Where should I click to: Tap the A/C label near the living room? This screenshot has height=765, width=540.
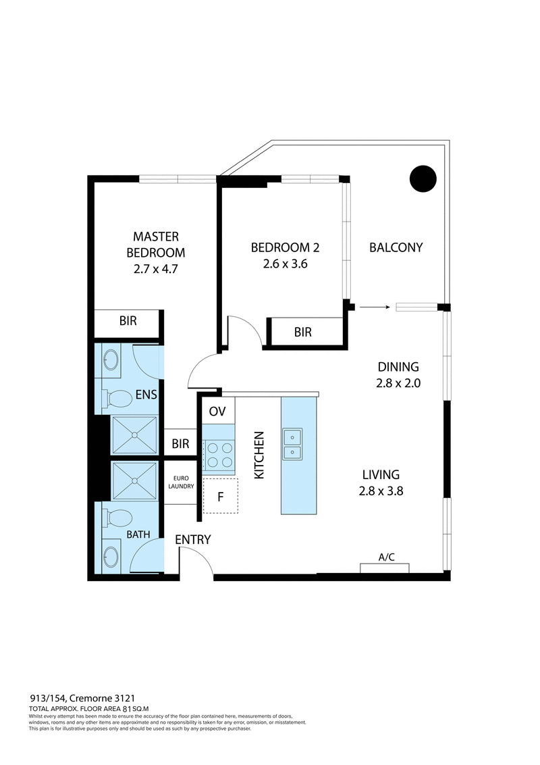point(386,558)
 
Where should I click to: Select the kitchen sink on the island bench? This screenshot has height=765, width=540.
point(292,444)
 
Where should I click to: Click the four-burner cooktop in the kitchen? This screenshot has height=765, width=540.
point(219,454)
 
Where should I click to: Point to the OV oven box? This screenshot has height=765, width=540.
point(217,411)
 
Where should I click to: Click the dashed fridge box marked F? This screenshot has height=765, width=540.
point(220,495)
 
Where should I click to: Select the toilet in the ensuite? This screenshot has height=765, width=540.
point(117,399)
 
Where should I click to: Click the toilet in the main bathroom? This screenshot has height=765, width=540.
point(117,519)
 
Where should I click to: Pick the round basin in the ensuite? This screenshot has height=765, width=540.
point(111,364)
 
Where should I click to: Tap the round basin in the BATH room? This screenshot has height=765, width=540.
point(111,558)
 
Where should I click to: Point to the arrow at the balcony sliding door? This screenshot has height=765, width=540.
point(375,307)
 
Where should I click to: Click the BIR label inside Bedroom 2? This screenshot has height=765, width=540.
point(303,332)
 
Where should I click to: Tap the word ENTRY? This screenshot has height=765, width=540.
point(193,539)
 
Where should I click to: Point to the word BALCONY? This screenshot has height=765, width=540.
point(396,247)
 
